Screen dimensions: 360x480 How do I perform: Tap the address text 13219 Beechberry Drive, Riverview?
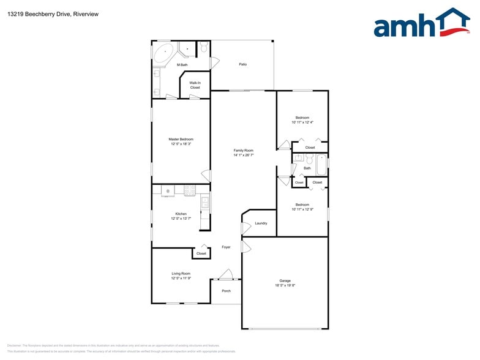[45, 13]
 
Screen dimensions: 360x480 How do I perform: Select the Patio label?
[243, 64]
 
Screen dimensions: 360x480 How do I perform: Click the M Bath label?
[182, 64]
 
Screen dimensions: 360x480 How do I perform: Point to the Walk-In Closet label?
[195, 85]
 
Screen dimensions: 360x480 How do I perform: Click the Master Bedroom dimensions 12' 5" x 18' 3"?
[181, 144]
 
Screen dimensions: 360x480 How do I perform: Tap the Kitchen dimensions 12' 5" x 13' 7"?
[181, 219]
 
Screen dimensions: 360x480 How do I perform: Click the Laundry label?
[261, 223]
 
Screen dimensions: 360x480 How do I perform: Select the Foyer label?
[226, 247]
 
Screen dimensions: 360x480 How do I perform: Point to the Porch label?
[226, 291]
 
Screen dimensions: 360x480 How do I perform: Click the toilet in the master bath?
[204, 47]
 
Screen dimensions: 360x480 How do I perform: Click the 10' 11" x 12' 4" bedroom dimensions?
[302, 122]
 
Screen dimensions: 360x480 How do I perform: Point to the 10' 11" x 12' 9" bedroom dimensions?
[302, 209]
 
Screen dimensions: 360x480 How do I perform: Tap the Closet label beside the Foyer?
[201, 253]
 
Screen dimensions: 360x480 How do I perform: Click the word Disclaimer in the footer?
[14, 345]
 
